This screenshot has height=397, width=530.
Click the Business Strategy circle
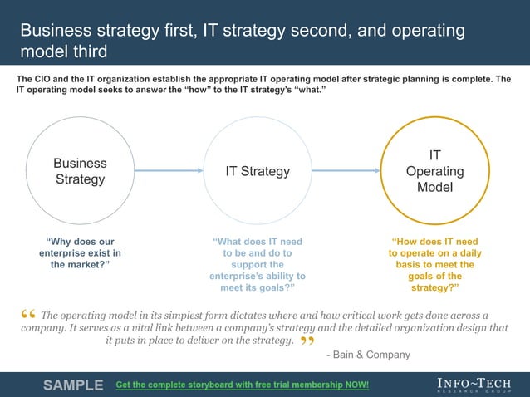point(80,171)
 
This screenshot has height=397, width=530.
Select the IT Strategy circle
point(258,171)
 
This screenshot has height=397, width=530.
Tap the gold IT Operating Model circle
point(434,171)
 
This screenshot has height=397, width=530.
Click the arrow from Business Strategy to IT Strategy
point(169,171)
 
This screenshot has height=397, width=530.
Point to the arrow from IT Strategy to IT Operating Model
point(346,171)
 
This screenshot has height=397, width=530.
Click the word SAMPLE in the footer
point(73,385)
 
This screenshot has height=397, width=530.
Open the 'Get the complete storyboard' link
point(242,385)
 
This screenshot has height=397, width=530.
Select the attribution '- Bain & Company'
point(369,355)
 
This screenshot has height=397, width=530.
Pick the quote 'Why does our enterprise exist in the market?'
point(80,252)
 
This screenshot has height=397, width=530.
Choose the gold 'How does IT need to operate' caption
point(434,264)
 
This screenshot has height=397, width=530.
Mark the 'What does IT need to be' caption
point(258,264)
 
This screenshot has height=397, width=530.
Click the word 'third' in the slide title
point(90,51)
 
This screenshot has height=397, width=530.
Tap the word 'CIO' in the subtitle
point(48,79)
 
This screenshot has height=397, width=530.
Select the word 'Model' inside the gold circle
point(434,188)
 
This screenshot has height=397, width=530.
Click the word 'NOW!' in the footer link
point(355,385)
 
